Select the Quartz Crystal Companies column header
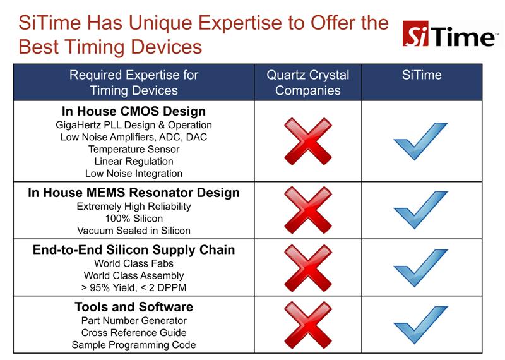(x=308, y=83)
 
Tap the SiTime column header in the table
(x=422, y=75)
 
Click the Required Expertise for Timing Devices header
(x=134, y=83)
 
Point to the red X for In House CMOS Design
(x=308, y=141)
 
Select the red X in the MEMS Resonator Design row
(x=308, y=210)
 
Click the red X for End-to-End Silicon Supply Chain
(x=308, y=268)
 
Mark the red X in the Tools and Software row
(x=308, y=325)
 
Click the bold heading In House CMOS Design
(x=134, y=112)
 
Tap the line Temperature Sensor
(x=134, y=149)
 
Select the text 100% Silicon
(x=134, y=219)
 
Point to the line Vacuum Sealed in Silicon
(x=134, y=231)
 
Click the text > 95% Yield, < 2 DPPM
(x=134, y=287)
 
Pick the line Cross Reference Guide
(x=134, y=333)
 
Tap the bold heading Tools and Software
(x=134, y=307)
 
